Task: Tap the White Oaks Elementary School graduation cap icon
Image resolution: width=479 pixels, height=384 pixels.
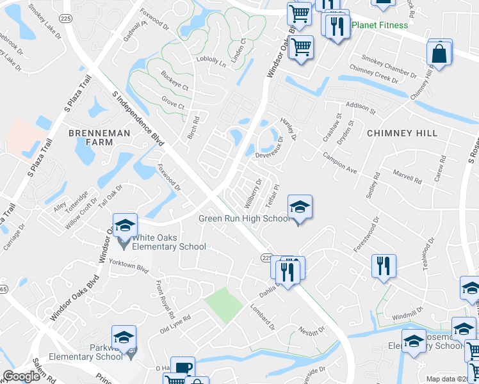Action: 125,226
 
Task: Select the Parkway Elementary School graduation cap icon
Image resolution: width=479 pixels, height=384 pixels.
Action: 124,337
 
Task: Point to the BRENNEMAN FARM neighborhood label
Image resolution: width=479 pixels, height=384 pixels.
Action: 99,139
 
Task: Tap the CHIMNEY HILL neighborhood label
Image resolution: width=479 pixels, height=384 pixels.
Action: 402,133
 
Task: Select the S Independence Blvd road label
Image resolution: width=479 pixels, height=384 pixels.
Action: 138,124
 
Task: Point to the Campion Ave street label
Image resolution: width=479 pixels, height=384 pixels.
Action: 339,163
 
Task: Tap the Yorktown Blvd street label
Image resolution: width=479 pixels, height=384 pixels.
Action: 128,266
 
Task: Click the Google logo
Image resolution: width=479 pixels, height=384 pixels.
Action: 21,376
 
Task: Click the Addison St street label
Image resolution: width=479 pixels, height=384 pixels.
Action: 360,106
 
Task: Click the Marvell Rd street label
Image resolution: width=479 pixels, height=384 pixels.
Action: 407,176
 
